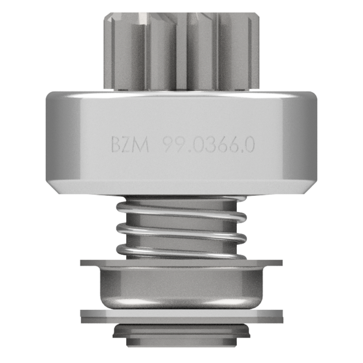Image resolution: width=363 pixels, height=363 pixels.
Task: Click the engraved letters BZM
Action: coord(130,145)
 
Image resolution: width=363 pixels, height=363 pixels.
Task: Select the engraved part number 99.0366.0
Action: coord(209,145)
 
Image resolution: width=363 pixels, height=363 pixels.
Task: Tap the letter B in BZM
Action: coord(116,145)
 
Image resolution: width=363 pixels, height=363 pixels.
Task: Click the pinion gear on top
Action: coord(181,51)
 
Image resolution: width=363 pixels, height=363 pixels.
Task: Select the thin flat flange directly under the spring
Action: coord(181,263)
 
